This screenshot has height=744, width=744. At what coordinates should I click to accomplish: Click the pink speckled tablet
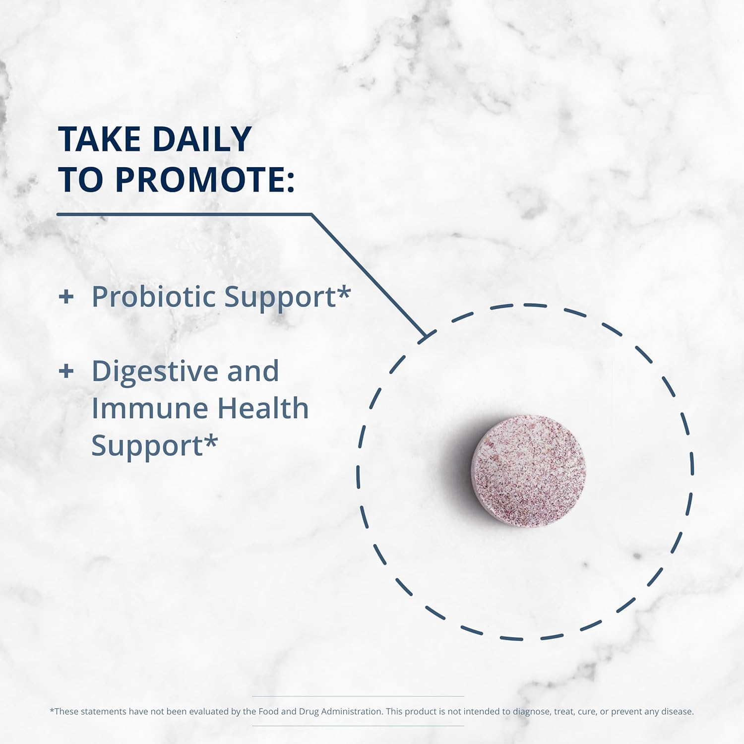pos(528,470)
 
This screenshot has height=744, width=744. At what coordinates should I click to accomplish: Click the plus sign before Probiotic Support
pos(66,297)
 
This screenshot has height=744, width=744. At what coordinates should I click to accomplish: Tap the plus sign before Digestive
pos(66,371)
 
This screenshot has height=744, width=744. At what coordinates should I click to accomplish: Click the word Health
pos(263,409)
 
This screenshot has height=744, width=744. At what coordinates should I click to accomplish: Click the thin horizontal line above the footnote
pos(358,696)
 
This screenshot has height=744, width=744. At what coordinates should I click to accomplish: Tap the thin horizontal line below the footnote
pos(358,726)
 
